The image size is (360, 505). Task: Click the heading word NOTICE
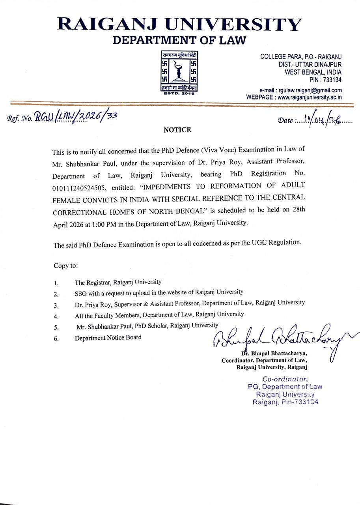click(177, 130)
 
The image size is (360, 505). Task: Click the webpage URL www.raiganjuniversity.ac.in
click(310, 97)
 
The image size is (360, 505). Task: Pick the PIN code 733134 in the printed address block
click(332, 80)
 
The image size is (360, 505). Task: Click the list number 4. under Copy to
click(56, 316)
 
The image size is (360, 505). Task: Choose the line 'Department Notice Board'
click(108, 338)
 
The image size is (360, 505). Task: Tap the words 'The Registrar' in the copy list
click(93, 282)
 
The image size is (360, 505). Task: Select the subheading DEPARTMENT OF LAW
click(179, 40)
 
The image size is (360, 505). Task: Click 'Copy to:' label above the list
click(66, 266)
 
